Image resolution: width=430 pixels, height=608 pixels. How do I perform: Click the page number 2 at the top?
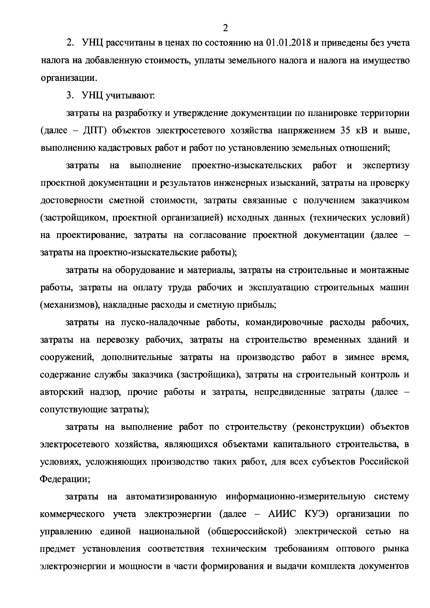(x=225, y=28)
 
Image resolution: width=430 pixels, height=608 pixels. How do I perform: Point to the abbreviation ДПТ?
(x=93, y=130)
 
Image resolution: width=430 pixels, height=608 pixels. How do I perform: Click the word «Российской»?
(x=384, y=462)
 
